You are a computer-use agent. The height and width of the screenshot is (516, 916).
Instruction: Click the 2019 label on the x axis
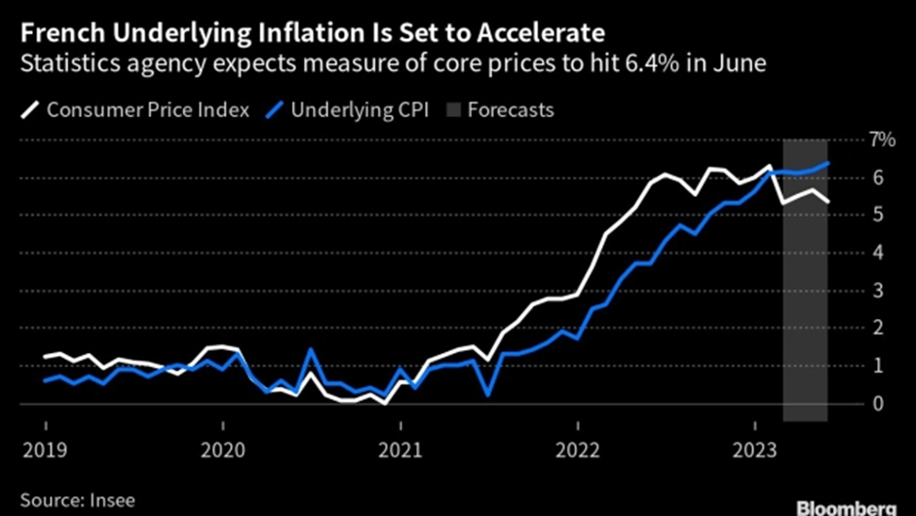45,452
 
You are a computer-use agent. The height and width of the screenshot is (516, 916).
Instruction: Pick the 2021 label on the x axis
400,452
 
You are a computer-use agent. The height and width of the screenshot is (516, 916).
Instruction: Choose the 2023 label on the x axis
754,452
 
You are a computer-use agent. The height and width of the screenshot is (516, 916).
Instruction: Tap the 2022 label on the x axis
577,452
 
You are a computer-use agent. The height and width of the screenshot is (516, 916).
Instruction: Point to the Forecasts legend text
511,109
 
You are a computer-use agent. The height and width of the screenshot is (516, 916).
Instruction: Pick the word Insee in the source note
109,499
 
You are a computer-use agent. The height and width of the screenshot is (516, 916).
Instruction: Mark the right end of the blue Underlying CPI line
828,163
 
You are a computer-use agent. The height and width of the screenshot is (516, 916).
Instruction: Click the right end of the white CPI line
828,202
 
